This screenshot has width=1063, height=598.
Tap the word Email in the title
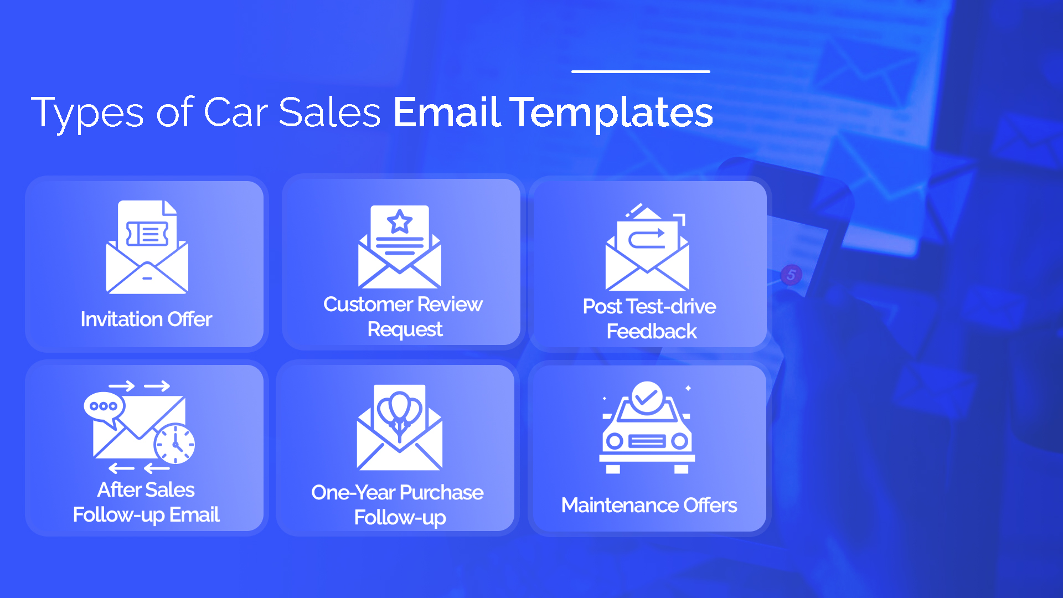pos(447,112)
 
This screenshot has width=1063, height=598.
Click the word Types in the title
pos(87,113)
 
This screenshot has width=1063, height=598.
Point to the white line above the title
pos(641,71)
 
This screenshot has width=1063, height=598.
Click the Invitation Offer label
pos(146,319)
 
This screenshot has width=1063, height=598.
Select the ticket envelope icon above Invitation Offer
pos(147,247)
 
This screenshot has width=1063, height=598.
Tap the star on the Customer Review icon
pos(400,222)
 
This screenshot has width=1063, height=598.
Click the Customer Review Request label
pos(403,317)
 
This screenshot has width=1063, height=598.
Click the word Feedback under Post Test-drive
pos(652,332)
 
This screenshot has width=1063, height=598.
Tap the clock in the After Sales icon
pos(174,444)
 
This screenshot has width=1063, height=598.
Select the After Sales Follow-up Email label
pos(146,502)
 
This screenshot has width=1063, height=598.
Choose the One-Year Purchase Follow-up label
pos(398,505)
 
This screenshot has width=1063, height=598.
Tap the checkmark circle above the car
pos(647,396)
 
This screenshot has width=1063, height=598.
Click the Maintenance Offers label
pos(649,505)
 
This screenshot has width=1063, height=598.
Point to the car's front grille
pos(647,442)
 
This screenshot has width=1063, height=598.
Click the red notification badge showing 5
pos(791,275)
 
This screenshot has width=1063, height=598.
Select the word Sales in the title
pos(329,113)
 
